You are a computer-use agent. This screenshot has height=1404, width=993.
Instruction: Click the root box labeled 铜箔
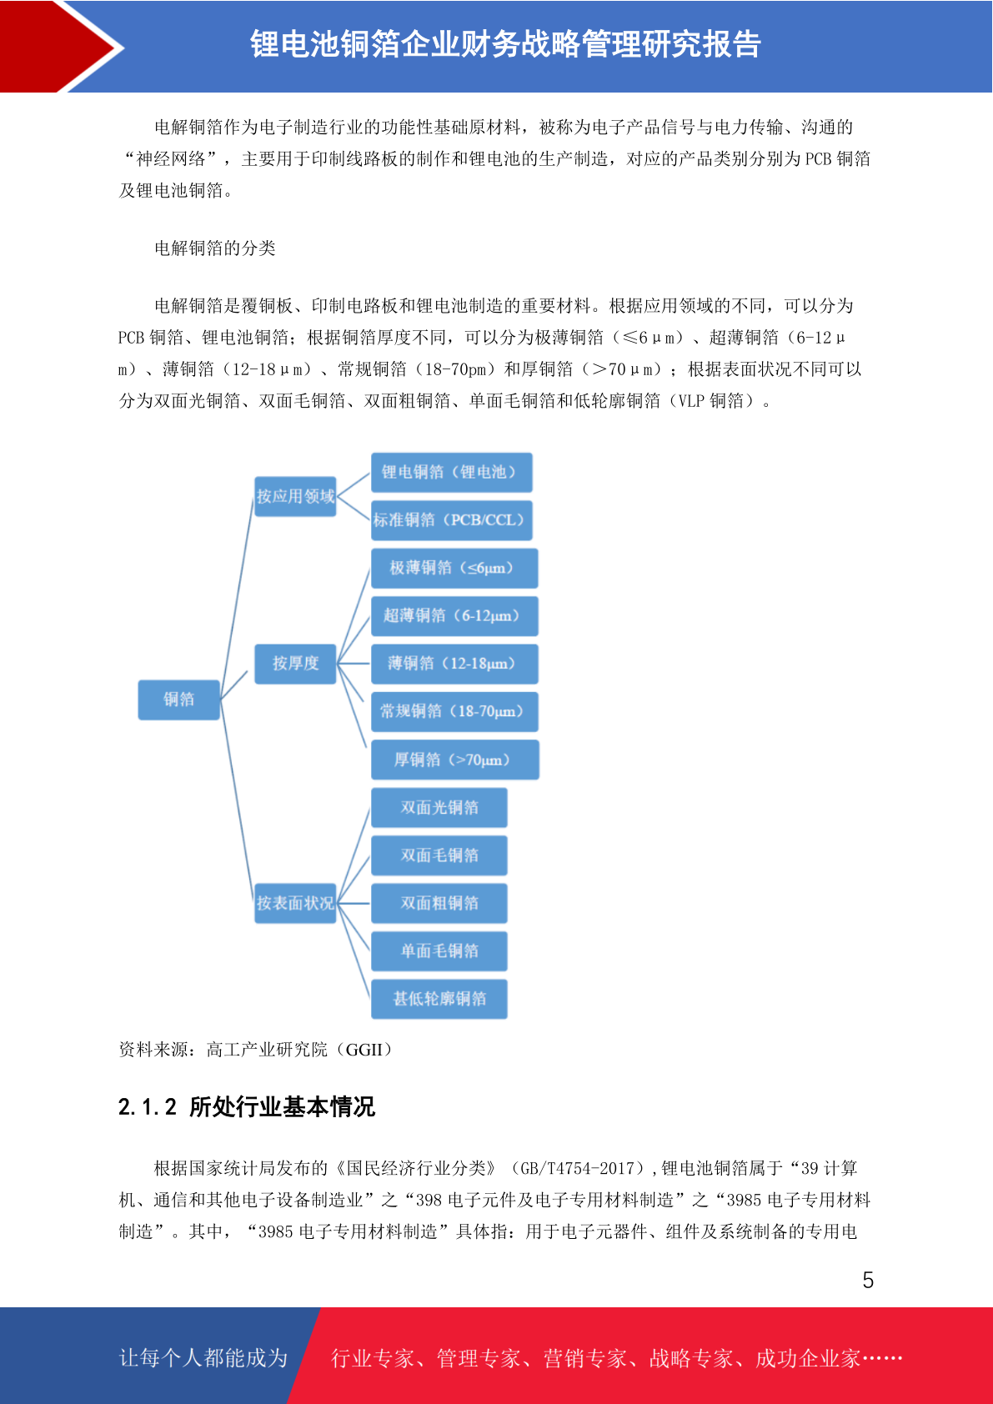pyautogui.click(x=178, y=699)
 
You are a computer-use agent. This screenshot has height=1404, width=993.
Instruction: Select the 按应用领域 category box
pyautogui.click(x=295, y=496)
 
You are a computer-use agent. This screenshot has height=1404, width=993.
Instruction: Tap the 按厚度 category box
pyautogui.click(x=295, y=663)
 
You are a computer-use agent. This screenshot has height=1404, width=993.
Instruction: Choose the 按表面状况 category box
pyautogui.click(x=295, y=903)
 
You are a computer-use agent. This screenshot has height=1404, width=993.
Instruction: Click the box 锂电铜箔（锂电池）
pyautogui.click(x=451, y=472)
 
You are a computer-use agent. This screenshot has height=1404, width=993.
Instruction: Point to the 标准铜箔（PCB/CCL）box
pyautogui.click(x=451, y=520)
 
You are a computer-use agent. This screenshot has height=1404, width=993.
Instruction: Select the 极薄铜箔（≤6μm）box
pyautogui.click(x=454, y=568)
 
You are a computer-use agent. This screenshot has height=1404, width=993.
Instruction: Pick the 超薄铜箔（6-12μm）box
pyautogui.click(x=454, y=616)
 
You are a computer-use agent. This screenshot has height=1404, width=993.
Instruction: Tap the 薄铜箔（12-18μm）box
pyautogui.click(x=454, y=664)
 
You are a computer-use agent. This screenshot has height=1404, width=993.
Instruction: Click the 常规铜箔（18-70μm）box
pyautogui.click(x=454, y=711)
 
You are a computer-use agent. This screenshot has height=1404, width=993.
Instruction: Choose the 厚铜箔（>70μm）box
pyautogui.click(x=455, y=760)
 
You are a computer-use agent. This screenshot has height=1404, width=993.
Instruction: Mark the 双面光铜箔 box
pyautogui.click(x=439, y=807)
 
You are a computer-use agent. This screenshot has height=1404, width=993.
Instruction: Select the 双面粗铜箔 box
pyautogui.click(x=439, y=903)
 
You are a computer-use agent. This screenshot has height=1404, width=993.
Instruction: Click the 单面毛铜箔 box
pyautogui.click(x=439, y=950)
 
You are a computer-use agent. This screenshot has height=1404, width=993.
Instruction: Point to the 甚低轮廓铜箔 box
pyautogui.click(x=439, y=999)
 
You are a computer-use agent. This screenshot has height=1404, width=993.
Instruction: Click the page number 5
pyautogui.click(x=868, y=1280)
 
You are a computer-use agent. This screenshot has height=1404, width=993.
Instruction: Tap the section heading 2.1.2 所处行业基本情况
pyautogui.click(x=246, y=1107)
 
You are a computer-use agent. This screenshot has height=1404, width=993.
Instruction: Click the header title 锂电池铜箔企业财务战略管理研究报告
pyautogui.click(x=505, y=44)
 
